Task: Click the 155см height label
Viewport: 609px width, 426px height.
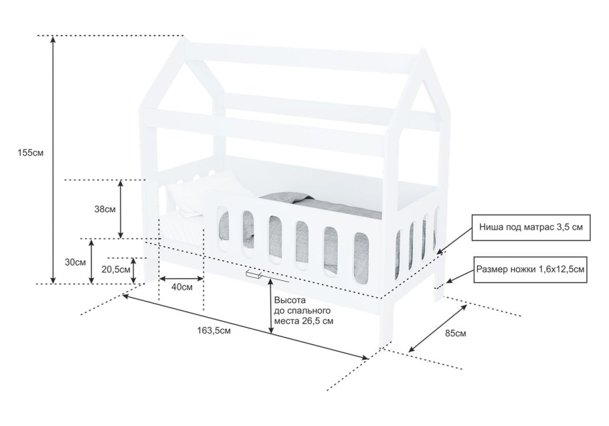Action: coord(31,152)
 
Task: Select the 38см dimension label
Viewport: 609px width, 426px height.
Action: coord(105,209)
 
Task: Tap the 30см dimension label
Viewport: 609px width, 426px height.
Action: coord(76,262)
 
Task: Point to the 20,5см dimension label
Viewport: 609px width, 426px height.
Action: coord(116,270)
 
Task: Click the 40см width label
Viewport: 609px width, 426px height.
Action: coord(182,288)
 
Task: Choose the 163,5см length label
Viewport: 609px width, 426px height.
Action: coord(214,330)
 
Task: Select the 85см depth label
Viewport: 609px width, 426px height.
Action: coord(456,333)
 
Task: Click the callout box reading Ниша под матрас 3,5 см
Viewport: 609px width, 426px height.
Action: coord(531,227)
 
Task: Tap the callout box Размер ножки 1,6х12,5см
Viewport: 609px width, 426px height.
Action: coord(530,270)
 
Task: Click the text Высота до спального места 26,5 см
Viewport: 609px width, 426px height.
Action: coord(304,311)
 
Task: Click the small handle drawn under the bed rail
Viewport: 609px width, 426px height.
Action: coord(253,275)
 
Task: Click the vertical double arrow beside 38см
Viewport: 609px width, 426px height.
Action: coord(120,209)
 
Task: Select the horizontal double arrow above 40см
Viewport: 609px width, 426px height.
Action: coord(181,278)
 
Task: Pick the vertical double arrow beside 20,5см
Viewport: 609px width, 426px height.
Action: coord(134,270)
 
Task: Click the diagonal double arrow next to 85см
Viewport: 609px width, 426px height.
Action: coord(438,328)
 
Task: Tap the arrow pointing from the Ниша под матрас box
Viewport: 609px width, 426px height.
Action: coord(454,241)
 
